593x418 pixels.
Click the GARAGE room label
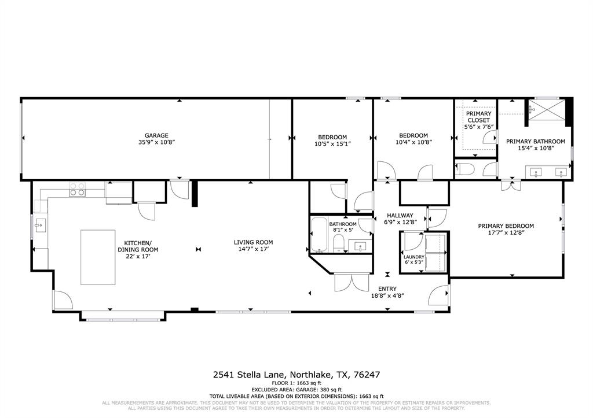(x=156, y=135)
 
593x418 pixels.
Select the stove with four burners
(x=78, y=189)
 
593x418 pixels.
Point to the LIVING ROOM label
(x=253, y=242)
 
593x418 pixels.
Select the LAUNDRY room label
(x=414, y=257)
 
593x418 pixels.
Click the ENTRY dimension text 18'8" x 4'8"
(x=387, y=295)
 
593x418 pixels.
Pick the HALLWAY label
(x=400, y=216)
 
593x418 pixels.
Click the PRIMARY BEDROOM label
(x=506, y=226)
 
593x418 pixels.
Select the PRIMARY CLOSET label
(x=478, y=117)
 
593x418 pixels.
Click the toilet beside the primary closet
(x=464, y=169)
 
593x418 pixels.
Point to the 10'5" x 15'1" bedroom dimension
(x=332, y=143)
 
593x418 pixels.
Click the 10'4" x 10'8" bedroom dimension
(x=413, y=142)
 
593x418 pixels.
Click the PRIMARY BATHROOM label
(x=536, y=141)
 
